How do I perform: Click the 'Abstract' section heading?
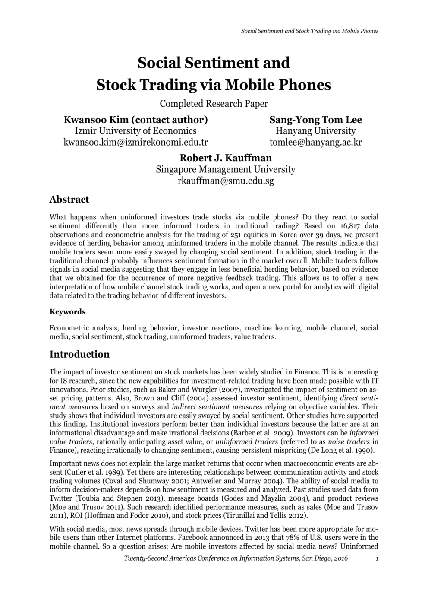(x=69, y=200)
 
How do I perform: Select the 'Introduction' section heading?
(x=79, y=354)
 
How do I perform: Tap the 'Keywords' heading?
(x=67, y=312)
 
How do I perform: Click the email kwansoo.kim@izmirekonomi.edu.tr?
(x=135, y=142)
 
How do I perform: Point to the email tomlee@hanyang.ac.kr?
(x=315, y=142)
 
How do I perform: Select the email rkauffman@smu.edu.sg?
(x=226, y=181)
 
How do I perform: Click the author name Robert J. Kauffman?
(x=226, y=158)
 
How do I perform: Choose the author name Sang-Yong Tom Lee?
(x=315, y=120)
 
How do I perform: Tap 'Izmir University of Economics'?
(x=135, y=131)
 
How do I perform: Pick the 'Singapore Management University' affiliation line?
(x=226, y=169)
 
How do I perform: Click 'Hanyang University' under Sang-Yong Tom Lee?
(x=315, y=131)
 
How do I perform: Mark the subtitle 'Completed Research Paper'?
(x=214, y=104)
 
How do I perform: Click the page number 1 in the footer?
(x=377, y=558)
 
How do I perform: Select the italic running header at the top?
(x=309, y=31)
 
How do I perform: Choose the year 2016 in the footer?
(x=340, y=558)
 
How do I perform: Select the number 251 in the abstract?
(x=236, y=235)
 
